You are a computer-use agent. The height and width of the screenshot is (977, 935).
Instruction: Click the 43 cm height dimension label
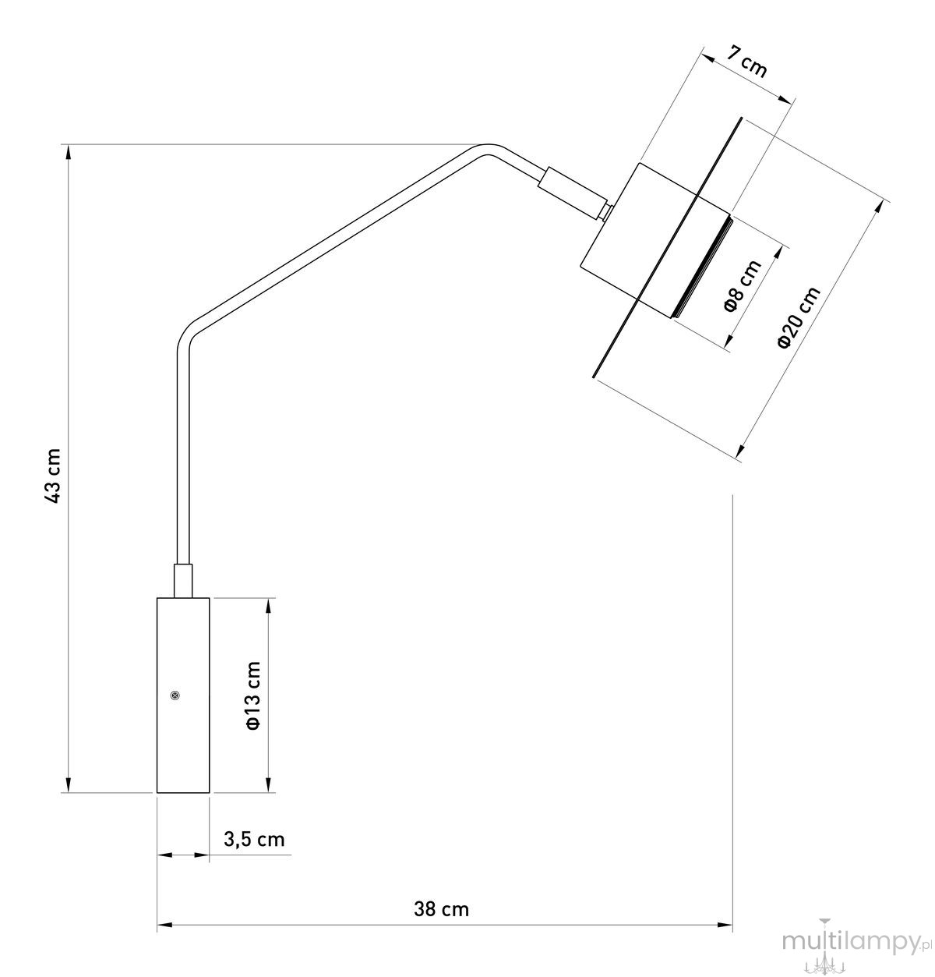click(53, 476)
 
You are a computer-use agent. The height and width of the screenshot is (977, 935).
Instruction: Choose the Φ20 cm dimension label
click(799, 317)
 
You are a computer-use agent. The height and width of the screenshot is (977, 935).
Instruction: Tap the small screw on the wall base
click(175, 696)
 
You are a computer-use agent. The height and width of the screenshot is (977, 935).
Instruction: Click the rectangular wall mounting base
click(183, 696)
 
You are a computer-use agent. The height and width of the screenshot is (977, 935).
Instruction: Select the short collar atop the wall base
click(183, 581)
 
